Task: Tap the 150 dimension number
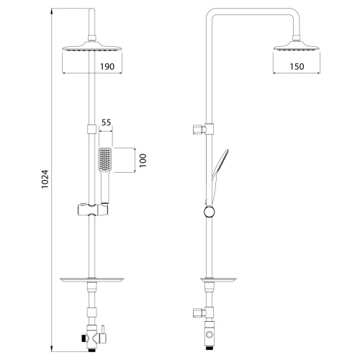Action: click(x=295, y=66)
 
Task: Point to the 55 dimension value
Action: click(x=106, y=124)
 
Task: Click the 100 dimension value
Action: click(x=143, y=160)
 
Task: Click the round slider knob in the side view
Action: click(x=209, y=212)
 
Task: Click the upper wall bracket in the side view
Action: click(x=199, y=130)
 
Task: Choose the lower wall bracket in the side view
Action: click(x=199, y=312)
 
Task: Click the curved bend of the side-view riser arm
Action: click(x=212, y=17)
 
